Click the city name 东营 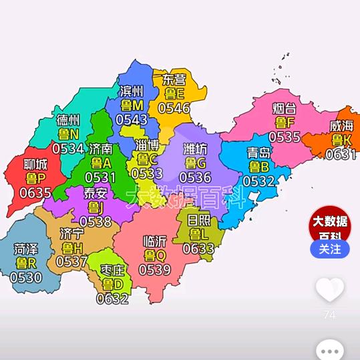pyautogui.click(x=174, y=79)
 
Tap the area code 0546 pyautogui.click(x=174, y=108)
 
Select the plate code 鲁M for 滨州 pyautogui.click(x=132, y=106)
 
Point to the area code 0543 pyautogui.click(x=132, y=120)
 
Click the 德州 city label pyautogui.click(x=68, y=120)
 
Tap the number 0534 pyautogui.click(x=68, y=148)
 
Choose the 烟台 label pyautogui.click(x=285, y=108)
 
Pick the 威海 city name pyautogui.click(x=342, y=126)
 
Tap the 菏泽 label pyautogui.click(x=26, y=249)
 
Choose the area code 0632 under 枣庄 pyautogui.click(x=112, y=299)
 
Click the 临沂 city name pyautogui.click(x=156, y=241)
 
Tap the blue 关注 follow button pyautogui.click(x=329, y=249)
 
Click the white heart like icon pyautogui.click(x=329, y=289)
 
